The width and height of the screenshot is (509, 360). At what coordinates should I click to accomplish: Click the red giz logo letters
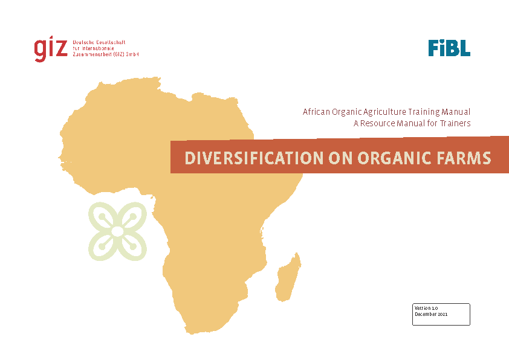pyautogui.click(x=51, y=49)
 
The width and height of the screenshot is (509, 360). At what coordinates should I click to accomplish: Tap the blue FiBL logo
pyautogui.click(x=449, y=48)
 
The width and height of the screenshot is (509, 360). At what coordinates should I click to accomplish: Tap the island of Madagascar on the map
pyautogui.click(x=288, y=278)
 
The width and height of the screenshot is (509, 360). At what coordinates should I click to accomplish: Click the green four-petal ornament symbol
pyautogui.click(x=117, y=231)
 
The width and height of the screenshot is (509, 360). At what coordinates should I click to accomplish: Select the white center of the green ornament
pyautogui.click(x=117, y=231)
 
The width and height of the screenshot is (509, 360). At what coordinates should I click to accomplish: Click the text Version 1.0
pyautogui.click(x=426, y=308)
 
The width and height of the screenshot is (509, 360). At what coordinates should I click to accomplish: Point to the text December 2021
pyautogui.click(x=431, y=314)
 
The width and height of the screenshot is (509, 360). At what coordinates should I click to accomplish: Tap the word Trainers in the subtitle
pyautogui.click(x=455, y=123)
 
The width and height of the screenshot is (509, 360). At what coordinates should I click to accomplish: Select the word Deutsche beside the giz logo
pyautogui.click(x=83, y=42)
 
